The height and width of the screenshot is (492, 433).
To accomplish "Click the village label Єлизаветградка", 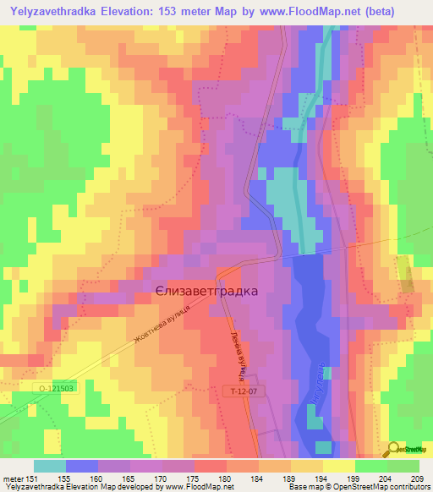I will click(206, 290).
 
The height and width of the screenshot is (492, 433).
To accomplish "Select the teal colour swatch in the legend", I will click(50, 466).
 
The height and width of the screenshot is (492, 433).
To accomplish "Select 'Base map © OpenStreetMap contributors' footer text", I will click(358, 488).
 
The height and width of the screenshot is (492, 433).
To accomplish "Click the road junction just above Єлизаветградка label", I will click(218, 273).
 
